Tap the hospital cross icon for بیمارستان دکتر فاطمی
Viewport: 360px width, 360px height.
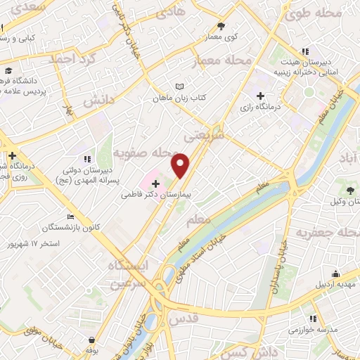pos(155,183)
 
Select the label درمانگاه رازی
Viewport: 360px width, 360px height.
pos(260,108)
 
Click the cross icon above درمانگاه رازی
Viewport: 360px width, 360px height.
pos(260,95)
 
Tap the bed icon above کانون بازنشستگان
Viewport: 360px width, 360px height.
pos(69,217)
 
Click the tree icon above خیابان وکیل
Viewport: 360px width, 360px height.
pos(350,189)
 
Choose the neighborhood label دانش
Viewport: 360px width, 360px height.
pos(98,102)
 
